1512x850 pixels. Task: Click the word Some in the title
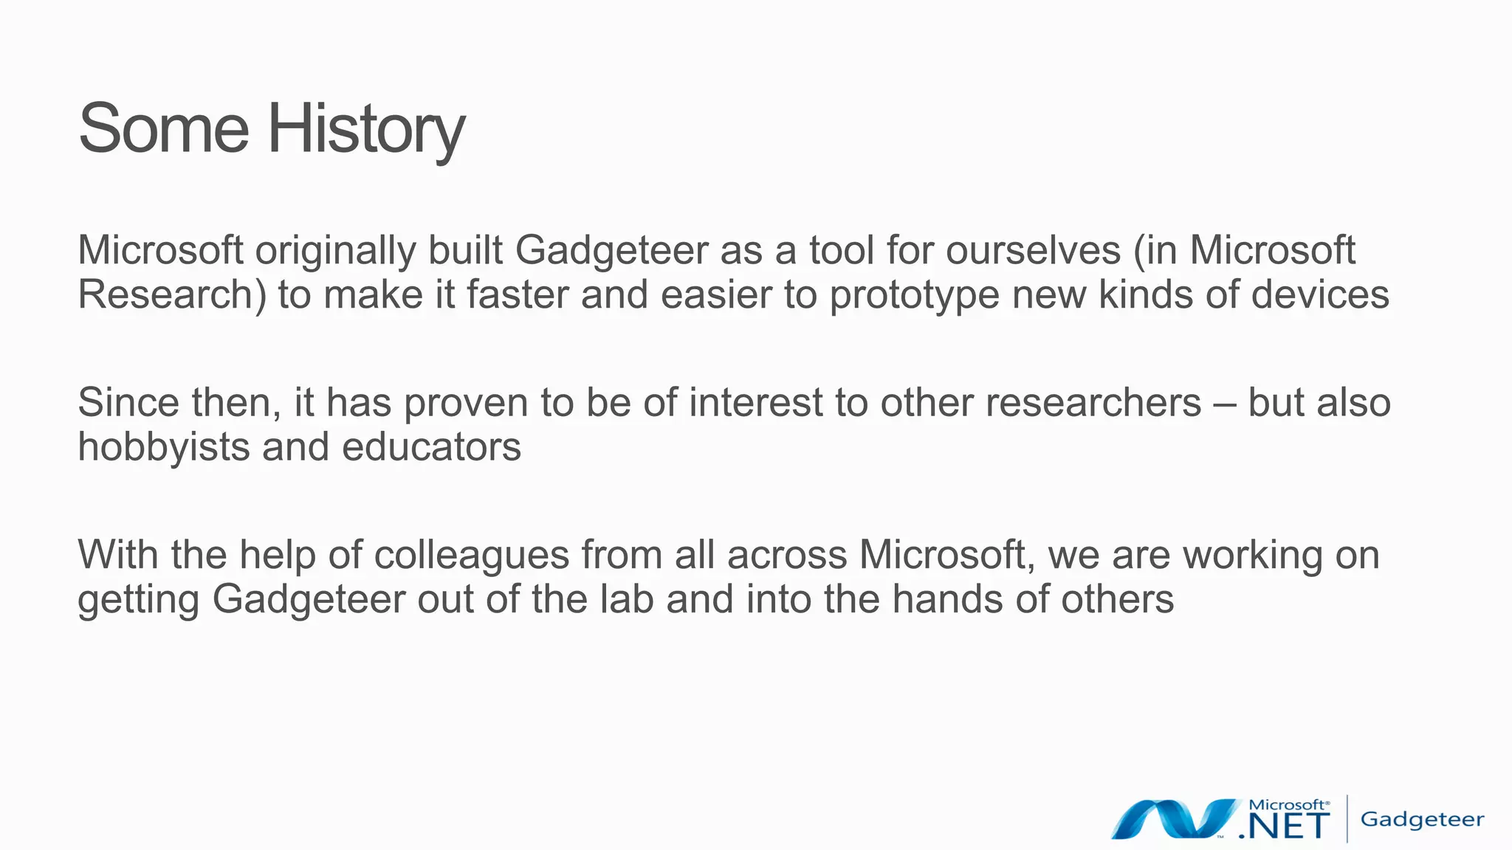click(163, 129)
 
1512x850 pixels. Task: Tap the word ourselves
click(1033, 250)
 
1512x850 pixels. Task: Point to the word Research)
click(172, 295)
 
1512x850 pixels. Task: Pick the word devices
click(1320, 294)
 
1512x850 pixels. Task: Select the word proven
click(466, 404)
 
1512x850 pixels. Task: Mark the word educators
click(431, 447)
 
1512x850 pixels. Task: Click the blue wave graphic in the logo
click(1175, 818)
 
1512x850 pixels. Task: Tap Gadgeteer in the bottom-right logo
click(1422, 820)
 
